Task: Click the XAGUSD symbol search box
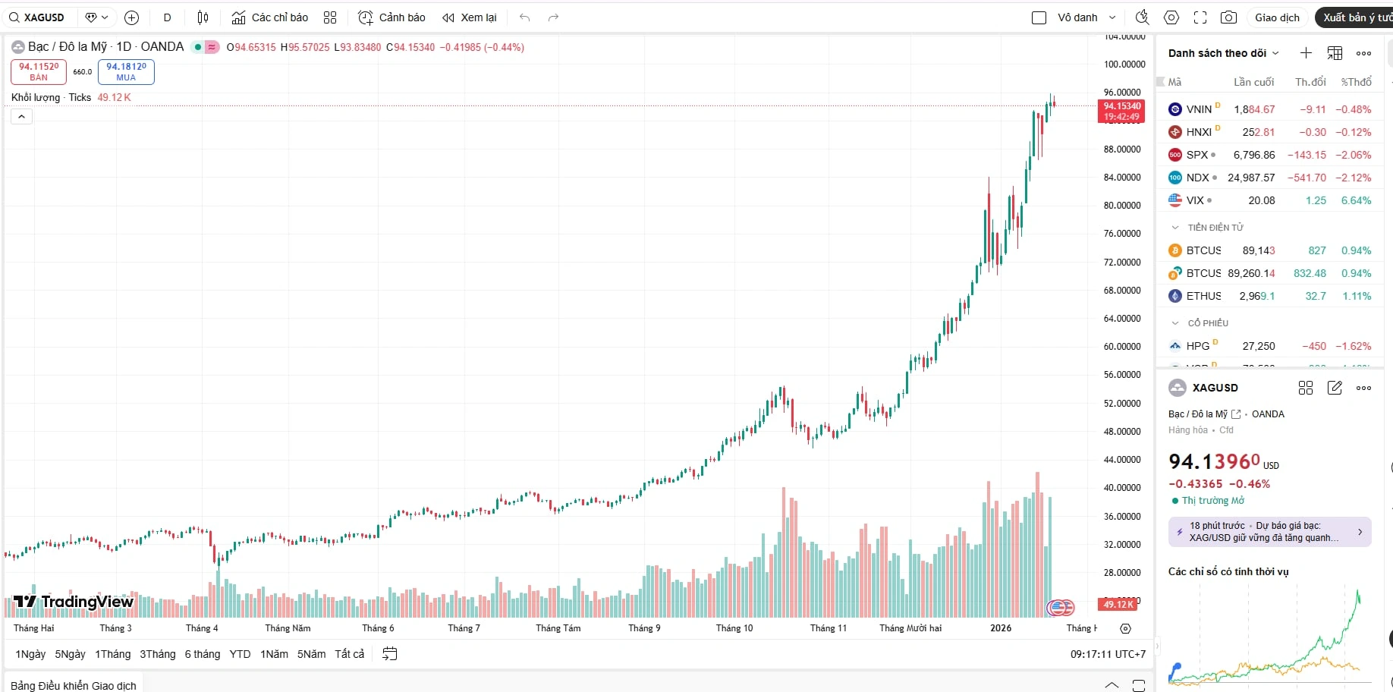(x=38, y=17)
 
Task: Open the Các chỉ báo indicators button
(x=270, y=17)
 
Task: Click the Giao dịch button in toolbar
(x=1277, y=17)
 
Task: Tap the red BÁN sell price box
(x=39, y=71)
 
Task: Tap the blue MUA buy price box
(x=126, y=71)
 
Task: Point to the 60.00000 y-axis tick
(x=1122, y=346)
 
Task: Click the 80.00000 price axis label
(x=1122, y=205)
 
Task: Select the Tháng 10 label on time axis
(x=734, y=628)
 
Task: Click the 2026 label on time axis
(x=1000, y=628)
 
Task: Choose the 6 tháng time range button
(x=202, y=654)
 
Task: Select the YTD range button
(x=240, y=654)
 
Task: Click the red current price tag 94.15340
(x=1121, y=111)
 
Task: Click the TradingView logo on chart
(x=74, y=602)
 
